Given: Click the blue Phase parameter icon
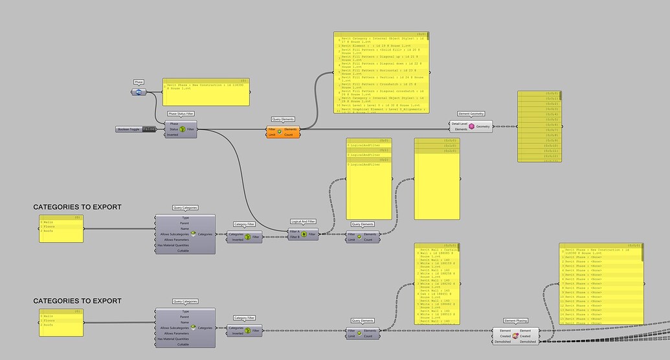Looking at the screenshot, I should tap(139, 92).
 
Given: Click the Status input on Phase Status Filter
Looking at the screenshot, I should tap(173, 129).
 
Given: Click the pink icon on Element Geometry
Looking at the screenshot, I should tap(472, 126).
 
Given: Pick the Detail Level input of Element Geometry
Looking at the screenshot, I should tap(459, 123).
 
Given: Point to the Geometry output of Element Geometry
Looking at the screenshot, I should tap(483, 126).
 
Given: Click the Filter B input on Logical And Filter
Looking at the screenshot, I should tap(295, 237).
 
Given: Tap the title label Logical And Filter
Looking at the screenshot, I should tap(304, 221).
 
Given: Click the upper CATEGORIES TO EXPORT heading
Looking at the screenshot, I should tap(78, 207).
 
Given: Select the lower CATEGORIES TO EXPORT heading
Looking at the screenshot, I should tap(78, 301).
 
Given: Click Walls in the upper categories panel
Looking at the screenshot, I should tap(49, 221).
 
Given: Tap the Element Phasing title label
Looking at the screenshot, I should tap(515, 321).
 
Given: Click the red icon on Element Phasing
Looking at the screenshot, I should tap(515, 336).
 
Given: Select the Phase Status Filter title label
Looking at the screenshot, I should tap(181, 114).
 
